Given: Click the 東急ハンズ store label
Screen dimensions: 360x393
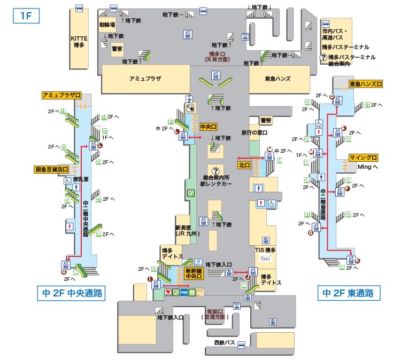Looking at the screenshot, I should pyautogui.click(x=278, y=79).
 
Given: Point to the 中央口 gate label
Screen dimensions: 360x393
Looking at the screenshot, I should pyautogui.click(x=207, y=127).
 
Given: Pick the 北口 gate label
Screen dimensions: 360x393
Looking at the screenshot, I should pyautogui.click(x=245, y=165).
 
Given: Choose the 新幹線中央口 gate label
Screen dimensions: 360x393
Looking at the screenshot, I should pyautogui.click(x=194, y=274).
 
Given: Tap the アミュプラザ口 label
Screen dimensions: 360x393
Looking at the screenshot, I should pyautogui.click(x=61, y=95).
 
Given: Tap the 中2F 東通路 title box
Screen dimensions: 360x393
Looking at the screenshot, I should pyautogui.click(x=349, y=293).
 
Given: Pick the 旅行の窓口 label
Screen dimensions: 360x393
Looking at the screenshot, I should pyautogui.click(x=254, y=132).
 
